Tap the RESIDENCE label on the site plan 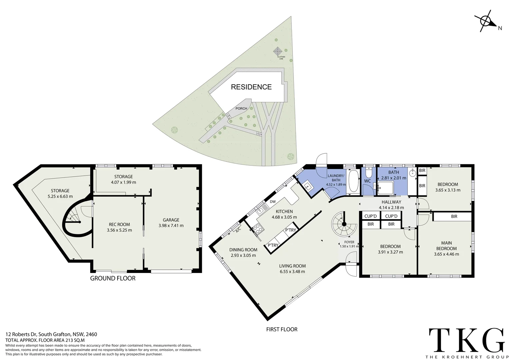(251, 87)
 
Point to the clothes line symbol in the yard (277, 51)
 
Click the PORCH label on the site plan (241, 108)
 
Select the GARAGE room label (171, 220)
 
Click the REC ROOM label (119, 224)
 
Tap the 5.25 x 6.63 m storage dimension (60, 196)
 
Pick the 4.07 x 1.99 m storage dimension (123, 182)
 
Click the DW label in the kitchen (273, 202)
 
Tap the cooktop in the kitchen (258, 229)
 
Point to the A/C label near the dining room (239, 230)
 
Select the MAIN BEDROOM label (446, 246)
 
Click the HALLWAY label (391, 202)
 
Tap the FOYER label (349, 242)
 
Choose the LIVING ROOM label (292, 266)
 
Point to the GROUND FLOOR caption (113, 278)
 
